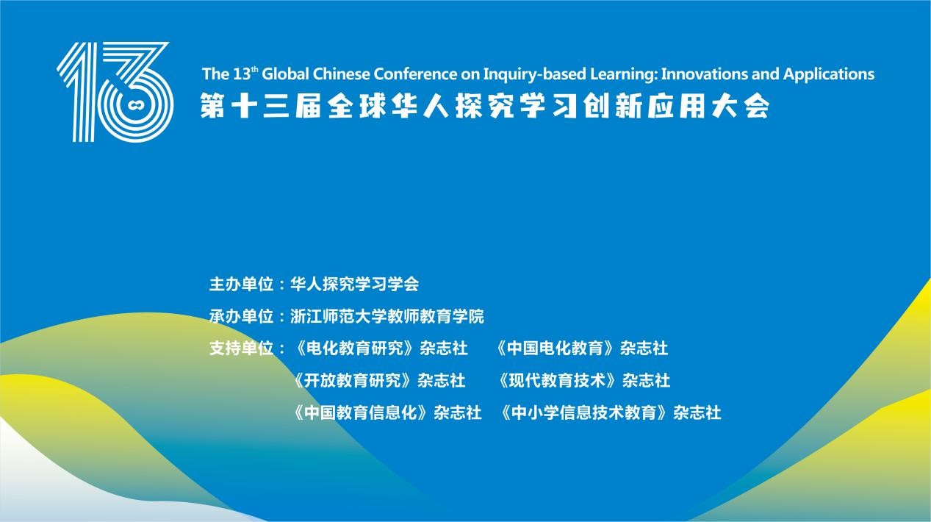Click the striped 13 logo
(115, 92)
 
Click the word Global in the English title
(285, 74)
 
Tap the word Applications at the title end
(829, 75)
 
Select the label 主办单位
(241, 285)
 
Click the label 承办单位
(241, 317)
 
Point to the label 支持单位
(241, 348)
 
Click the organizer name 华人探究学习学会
(354, 285)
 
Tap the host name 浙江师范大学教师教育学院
(387, 317)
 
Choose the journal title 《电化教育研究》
(354, 348)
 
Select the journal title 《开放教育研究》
(353, 381)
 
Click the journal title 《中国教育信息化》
(361, 413)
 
